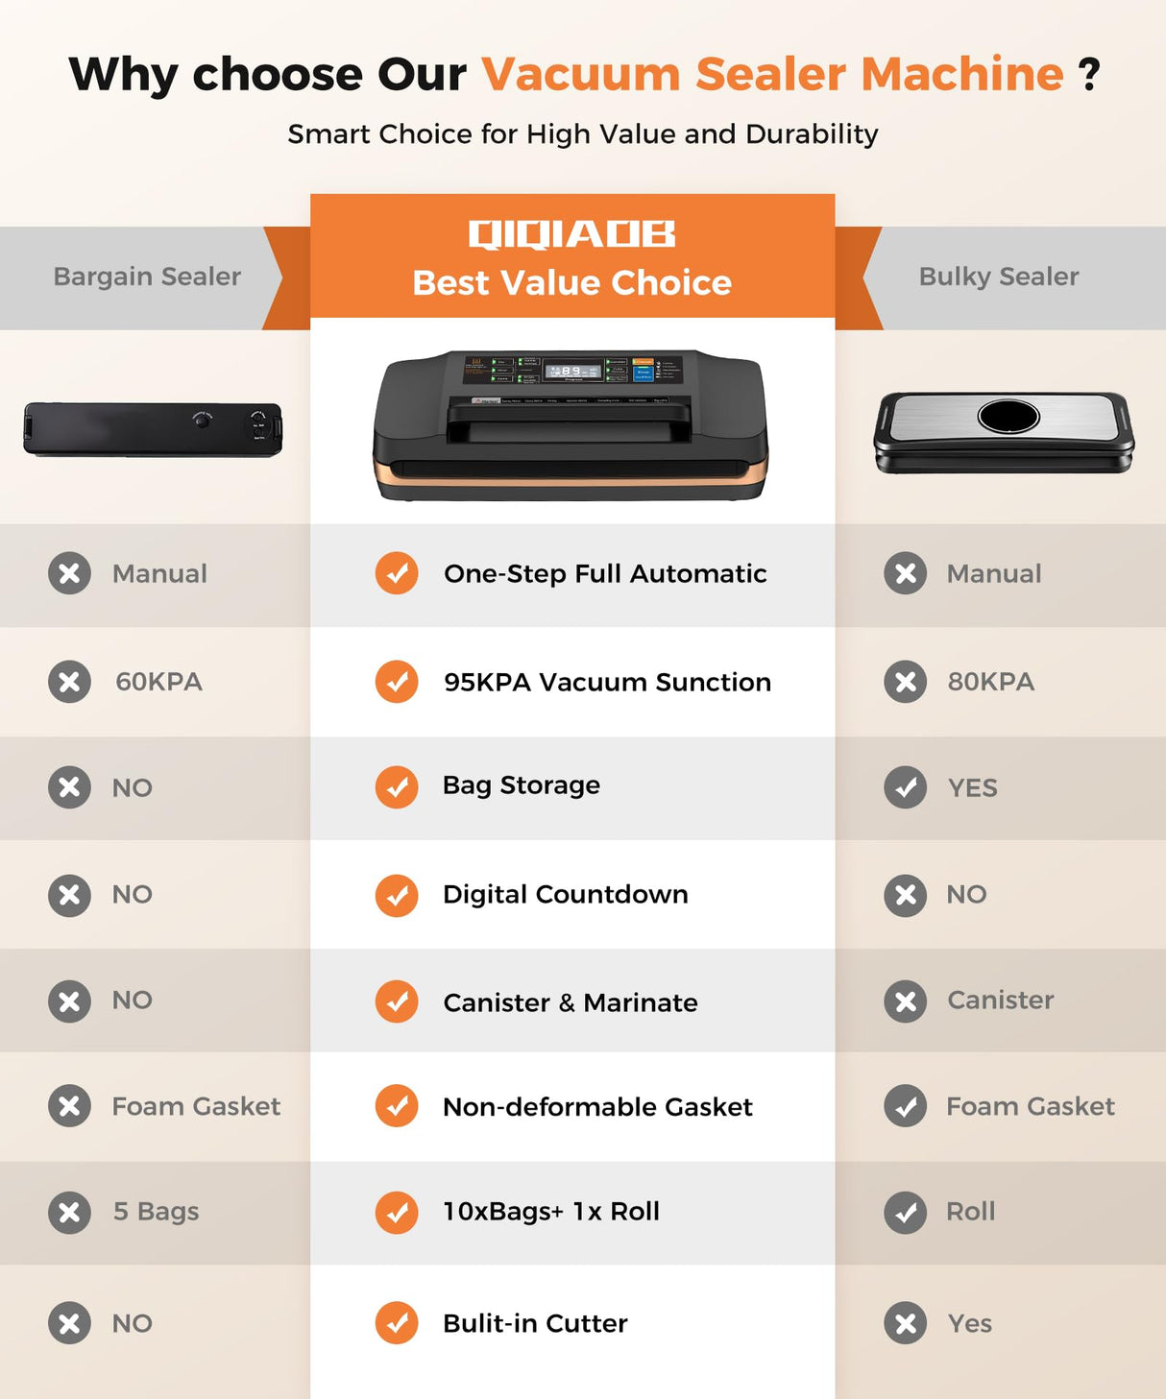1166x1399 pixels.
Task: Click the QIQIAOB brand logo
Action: [571, 233]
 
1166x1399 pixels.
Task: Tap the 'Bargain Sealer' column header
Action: [147, 277]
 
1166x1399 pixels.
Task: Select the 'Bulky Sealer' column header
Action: [999, 277]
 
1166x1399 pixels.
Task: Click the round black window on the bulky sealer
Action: [1008, 416]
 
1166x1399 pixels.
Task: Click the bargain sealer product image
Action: [153, 428]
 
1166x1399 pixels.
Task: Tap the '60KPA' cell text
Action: [158, 682]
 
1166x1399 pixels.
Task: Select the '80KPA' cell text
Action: [990, 682]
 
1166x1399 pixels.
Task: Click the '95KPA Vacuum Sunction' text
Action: [607, 682]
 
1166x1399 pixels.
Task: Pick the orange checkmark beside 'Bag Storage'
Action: [397, 787]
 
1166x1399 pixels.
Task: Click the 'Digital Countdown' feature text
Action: [565, 894]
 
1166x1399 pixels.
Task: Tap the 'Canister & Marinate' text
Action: [571, 1002]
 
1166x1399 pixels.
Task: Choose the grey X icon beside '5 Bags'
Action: [69, 1212]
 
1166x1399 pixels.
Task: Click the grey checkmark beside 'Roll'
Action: [905, 1212]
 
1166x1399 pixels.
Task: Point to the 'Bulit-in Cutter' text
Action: [535, 1323]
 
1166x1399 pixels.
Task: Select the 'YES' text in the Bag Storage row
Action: [972, 787]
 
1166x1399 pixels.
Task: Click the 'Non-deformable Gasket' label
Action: [597, 1107]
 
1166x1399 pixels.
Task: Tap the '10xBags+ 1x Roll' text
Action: [551, 1212]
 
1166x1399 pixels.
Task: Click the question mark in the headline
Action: [1089, 75]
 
